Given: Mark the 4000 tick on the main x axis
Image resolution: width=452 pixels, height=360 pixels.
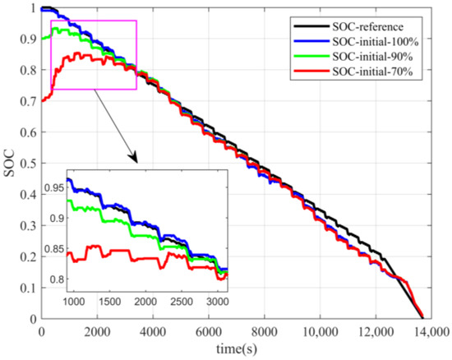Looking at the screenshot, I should tap(151, 331).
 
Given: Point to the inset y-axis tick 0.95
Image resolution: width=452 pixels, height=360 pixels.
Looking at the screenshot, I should tap(53, 189).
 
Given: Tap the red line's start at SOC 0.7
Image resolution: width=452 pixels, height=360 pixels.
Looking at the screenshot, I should tap(42, 100).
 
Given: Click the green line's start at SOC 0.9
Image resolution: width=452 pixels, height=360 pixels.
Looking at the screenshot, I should tap(42, 39).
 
